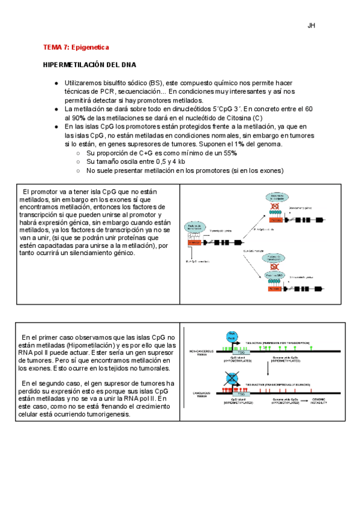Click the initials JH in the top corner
click(311, 25)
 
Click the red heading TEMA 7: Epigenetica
click(76, 47)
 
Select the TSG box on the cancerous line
click(241, 394)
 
